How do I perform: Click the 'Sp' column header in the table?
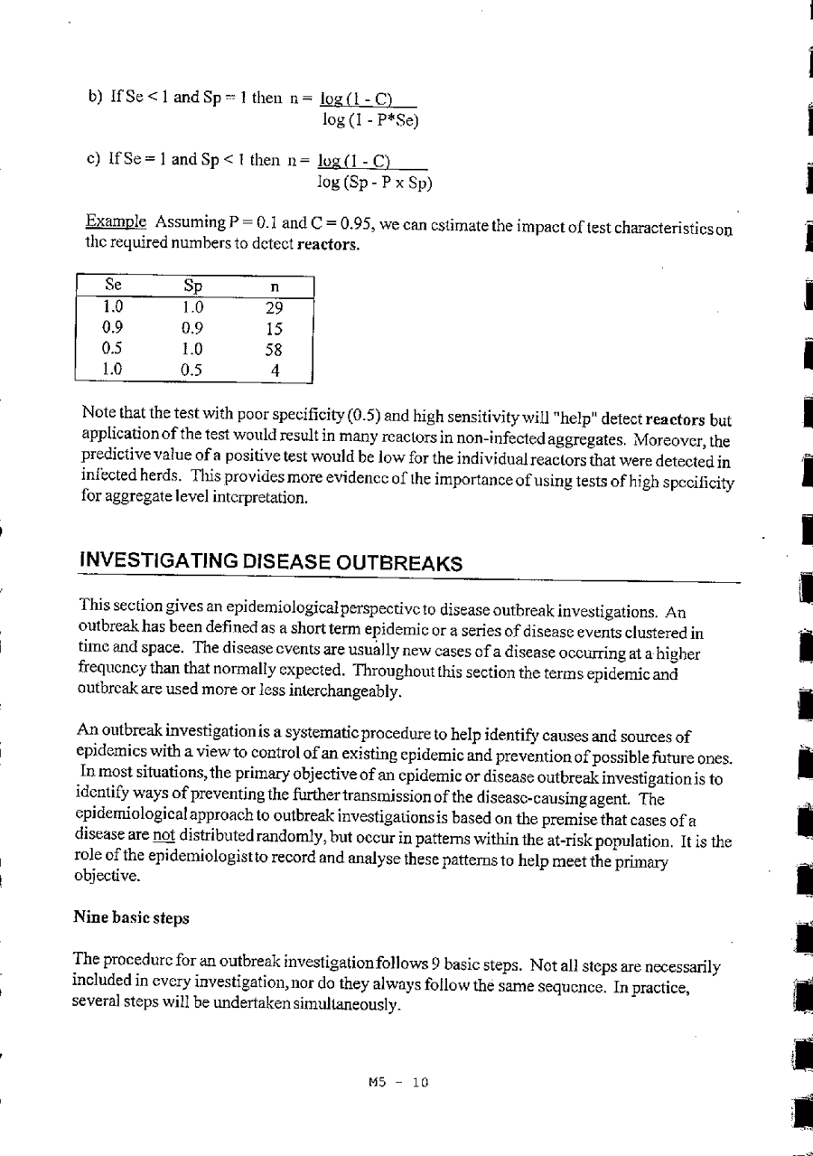click(192, 287)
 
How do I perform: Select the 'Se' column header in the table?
click(114, 287)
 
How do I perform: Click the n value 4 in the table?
click(275, 370)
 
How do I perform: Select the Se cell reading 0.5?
click(113, 349)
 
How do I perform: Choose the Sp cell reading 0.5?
click(190, 370)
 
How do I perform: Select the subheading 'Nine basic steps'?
click(131, 917)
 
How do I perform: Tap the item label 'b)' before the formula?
click(93, 98)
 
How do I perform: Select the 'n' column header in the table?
click(274, 287)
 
